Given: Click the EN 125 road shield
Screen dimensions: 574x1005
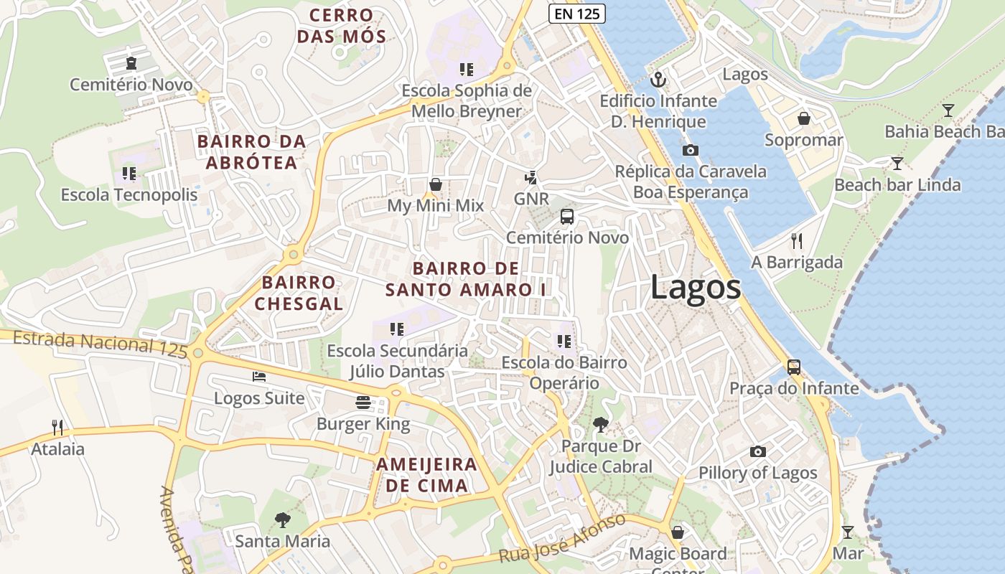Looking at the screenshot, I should click(x=577, y=13).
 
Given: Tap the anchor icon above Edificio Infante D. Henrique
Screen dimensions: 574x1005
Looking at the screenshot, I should click(x=658, y=79).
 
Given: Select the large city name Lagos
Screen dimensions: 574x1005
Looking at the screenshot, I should click(x=696, y=288).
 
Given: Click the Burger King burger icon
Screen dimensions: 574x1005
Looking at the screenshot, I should click(x=363, y=402).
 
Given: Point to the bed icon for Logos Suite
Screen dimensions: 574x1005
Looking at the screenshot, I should click(x=259, y=376).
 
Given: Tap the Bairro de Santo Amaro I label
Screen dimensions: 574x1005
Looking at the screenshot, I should click(x=466, y=279).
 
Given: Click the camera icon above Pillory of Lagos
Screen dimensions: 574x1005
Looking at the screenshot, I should click(x=757, y=451).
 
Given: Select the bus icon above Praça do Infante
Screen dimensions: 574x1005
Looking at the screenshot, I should click(x=794, y=367).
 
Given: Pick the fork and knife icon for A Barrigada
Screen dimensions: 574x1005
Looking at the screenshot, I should click(x=796, y=240).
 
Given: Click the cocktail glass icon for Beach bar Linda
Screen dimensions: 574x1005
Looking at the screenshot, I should click(x=897, y=163).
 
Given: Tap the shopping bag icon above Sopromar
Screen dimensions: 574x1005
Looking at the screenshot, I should click(x=803, y=118).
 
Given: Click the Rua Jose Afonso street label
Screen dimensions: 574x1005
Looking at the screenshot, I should click(x=563, y=538).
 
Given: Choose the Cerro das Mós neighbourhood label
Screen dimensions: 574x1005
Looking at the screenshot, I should click(x=342, y=26).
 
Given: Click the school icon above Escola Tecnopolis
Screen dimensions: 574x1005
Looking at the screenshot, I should click(x=129, y=173).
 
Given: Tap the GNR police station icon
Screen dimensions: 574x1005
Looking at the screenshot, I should click(x=531, y=177).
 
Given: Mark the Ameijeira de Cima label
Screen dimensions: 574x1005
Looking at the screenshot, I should click(x=426, y=474).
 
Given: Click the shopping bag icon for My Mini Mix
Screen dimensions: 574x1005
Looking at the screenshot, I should click(x=435, y=184).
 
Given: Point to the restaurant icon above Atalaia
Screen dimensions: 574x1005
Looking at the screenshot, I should click(x=57, y=428).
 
